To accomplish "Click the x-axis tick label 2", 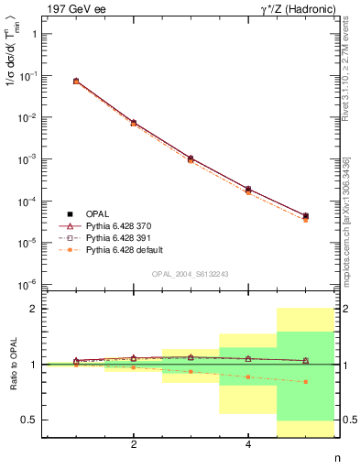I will [134, 445].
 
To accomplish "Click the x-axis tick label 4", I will [248, 445].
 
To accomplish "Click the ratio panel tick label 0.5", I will [30, 420].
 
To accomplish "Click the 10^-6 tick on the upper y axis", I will [29, 284].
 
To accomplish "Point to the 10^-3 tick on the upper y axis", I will [29, 158].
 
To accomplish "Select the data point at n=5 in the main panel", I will [305, 216].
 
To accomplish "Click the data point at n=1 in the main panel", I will [76, 81].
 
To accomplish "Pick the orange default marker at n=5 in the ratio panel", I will [305, 382].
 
